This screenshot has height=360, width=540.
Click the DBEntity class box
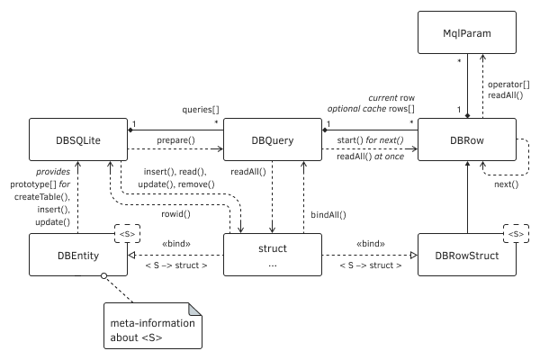(x=76, y=256)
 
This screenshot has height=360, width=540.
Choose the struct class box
(x=272, y=256)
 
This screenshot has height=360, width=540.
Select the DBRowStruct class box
(x=467, y=256)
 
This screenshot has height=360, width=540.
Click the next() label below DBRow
(x=506, y=184)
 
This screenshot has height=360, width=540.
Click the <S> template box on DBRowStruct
(x=515, y=234)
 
